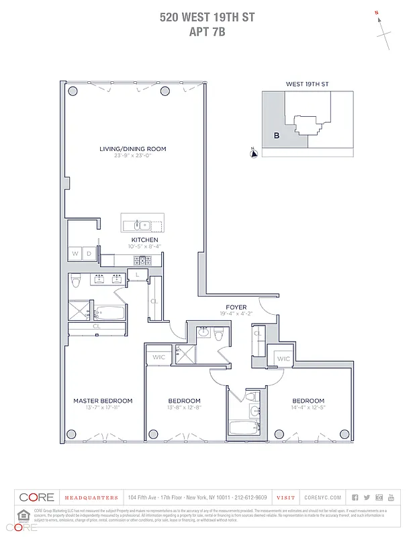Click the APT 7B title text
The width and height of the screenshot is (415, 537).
207,30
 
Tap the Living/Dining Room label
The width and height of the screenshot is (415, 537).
132,149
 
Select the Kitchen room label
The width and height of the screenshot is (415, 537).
144,240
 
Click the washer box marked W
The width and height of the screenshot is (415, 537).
75,254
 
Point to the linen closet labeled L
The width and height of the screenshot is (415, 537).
137,275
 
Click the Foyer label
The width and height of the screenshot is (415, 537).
236,307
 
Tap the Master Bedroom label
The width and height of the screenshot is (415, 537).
103,401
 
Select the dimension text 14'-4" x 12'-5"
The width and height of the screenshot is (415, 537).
308,407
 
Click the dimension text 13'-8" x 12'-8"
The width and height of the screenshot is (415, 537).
184,407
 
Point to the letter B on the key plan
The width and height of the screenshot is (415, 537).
276,135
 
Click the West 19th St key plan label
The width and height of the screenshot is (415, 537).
307,85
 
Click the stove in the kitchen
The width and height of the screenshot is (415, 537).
142,260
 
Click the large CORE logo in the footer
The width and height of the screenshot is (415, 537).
36,497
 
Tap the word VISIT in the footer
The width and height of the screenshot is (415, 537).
285,497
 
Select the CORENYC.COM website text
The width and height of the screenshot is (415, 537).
322,497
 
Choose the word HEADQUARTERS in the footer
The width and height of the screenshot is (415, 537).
91,497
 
